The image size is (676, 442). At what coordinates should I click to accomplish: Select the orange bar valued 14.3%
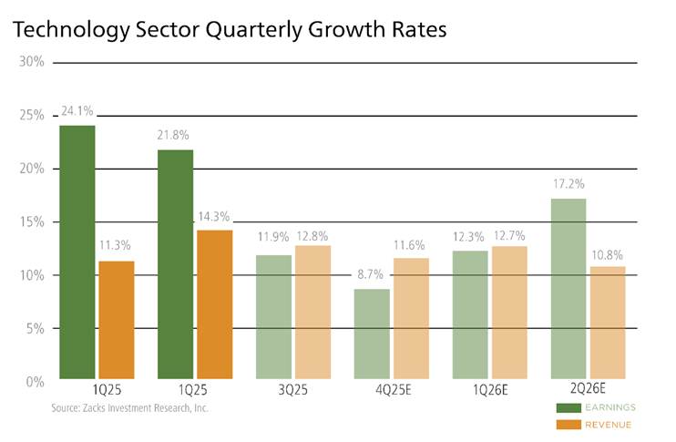tap(215, 304)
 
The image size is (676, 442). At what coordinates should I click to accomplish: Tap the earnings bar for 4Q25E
tap(372, 334)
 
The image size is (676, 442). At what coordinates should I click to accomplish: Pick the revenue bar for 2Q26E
tap(607, 323)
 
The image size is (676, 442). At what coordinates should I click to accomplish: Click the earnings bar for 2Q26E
tap(568, 288)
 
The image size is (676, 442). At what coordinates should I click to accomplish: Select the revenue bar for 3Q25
tap(312, 312)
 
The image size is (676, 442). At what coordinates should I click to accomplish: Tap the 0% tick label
tap(34, 382)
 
